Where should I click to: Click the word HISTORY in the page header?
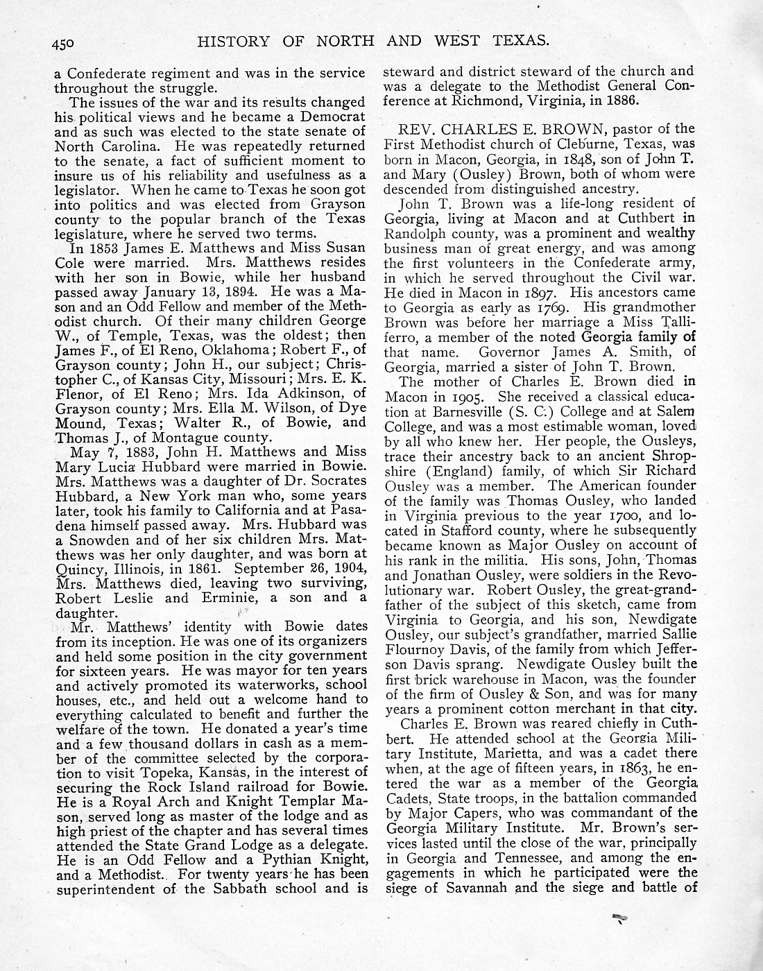[232, 41]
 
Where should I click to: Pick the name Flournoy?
[423, 650]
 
